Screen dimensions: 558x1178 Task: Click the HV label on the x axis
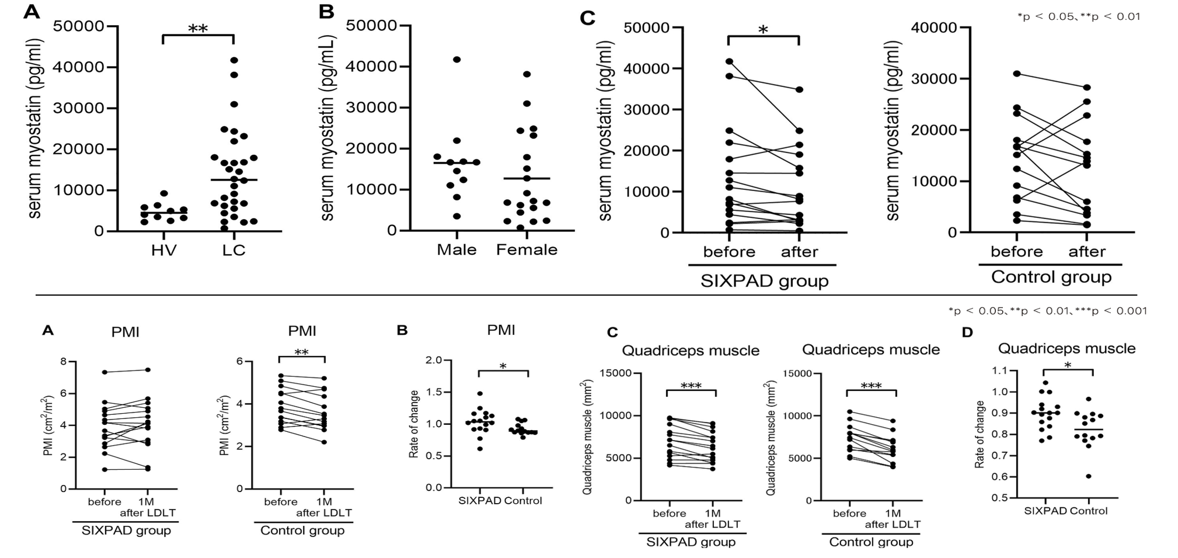pos(163,250)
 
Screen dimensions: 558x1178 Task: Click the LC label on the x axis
pos(233,250)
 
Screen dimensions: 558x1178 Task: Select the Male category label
pos(456,250)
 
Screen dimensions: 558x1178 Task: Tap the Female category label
pos(527,250)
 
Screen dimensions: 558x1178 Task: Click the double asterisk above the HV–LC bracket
pos(198,29)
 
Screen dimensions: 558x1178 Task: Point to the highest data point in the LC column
pos(234,60)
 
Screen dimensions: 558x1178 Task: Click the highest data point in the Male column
pos(457,60)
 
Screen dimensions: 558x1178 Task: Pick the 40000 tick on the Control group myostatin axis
pos(937,27)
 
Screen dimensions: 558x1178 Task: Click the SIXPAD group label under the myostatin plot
pos(764,281)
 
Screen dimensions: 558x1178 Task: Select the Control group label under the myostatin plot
pos(1051,277)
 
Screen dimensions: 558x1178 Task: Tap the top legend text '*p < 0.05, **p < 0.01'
pos(1078,16)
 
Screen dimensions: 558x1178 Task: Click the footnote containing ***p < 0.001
pos(1047,311)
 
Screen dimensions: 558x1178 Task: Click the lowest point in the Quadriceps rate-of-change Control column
pos(1088,476)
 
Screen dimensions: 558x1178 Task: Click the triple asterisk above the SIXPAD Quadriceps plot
pos(691,386)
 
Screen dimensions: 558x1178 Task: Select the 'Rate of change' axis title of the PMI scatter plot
pos(414,424)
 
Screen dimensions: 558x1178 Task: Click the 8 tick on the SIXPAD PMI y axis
pos(64,362)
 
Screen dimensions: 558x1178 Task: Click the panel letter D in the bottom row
pos(967,332)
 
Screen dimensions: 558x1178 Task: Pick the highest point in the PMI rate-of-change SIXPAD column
pos(480,394)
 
